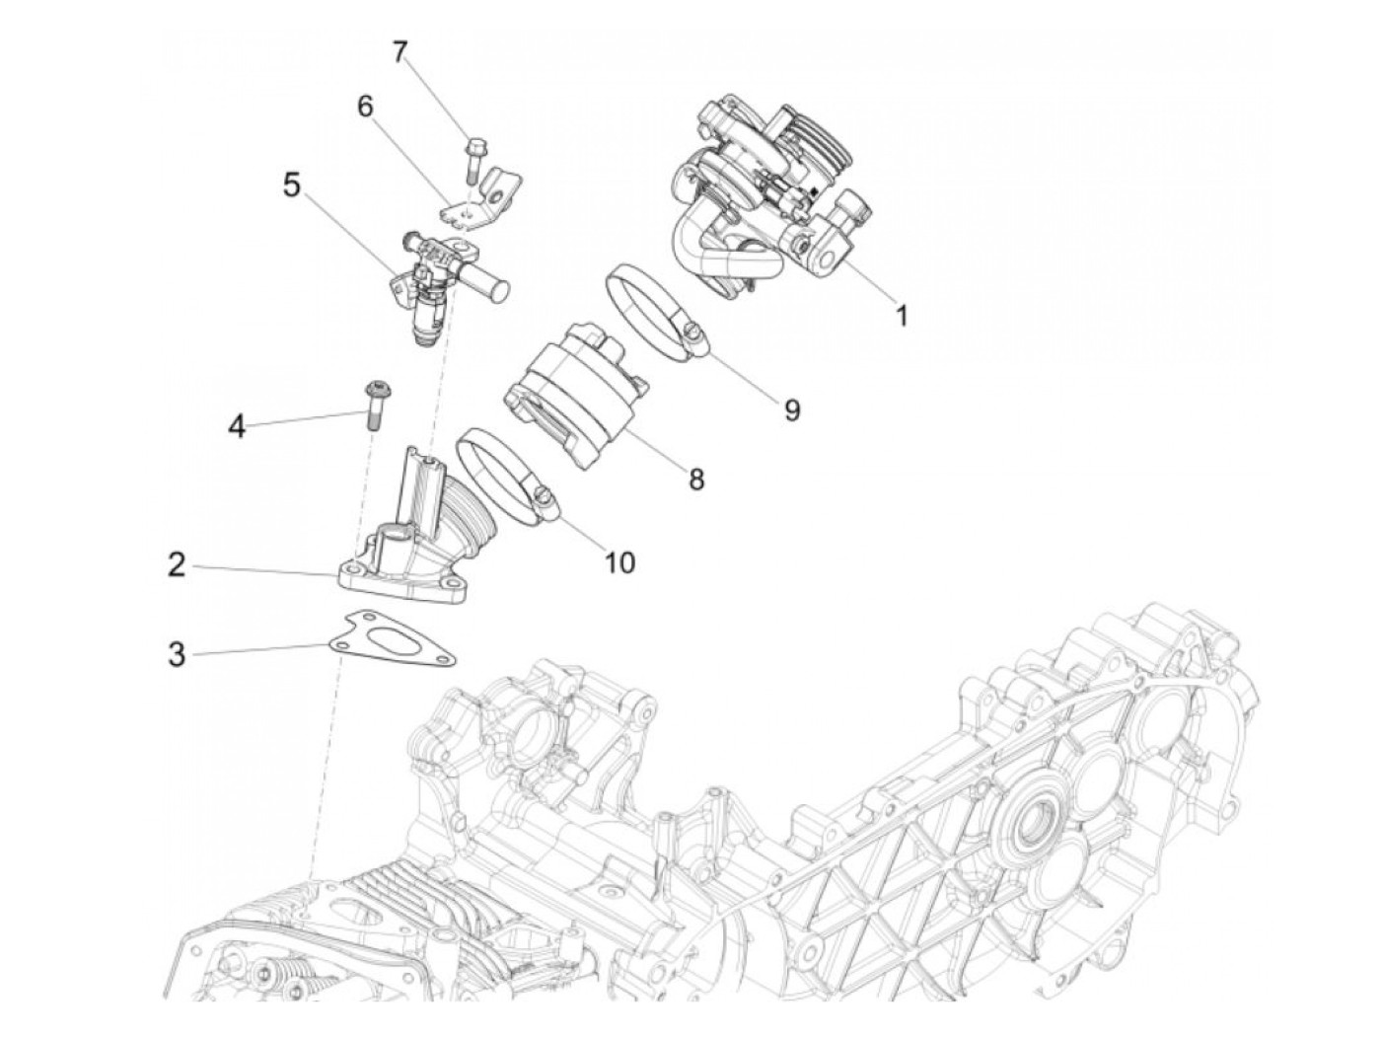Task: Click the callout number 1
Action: pyautogui.click(x=901, y=315)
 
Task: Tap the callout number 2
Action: pyautogui.click(x=177, y=566)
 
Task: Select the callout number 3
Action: pyautogui.click(x=177, y=653)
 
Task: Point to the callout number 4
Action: pyautogui.click(x=237, y=426)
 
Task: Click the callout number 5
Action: pyautogui.click(x=291, y=185)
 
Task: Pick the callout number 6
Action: pyautogui.click(x=365, y=107)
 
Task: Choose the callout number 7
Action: pyautogui.click(x=400, y=51)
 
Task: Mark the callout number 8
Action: pyautogui.click(x=696, y=480)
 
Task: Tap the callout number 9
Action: pyautogui.click(x=792, y=408)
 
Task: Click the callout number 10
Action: pyautogui.click(x=619, y=562)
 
